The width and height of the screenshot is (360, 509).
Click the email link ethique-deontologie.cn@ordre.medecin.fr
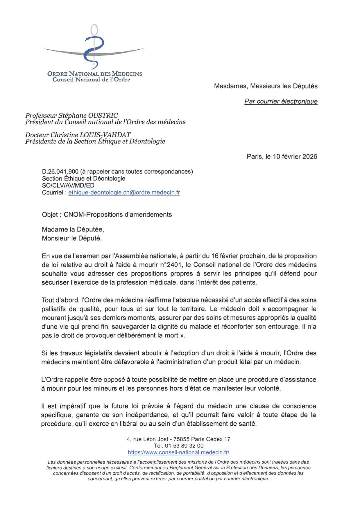124,193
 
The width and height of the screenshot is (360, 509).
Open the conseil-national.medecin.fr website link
178,452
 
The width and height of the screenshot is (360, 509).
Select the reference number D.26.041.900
60,172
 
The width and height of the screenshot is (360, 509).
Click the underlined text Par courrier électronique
281,101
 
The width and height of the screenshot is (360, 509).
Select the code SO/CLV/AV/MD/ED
68,186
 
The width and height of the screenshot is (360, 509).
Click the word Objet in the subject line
50,215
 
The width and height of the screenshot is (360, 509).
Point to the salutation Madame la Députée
73,229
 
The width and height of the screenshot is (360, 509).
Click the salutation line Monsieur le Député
72,238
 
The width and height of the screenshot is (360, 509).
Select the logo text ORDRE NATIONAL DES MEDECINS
94,74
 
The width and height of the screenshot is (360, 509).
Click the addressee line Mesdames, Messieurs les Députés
266,86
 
